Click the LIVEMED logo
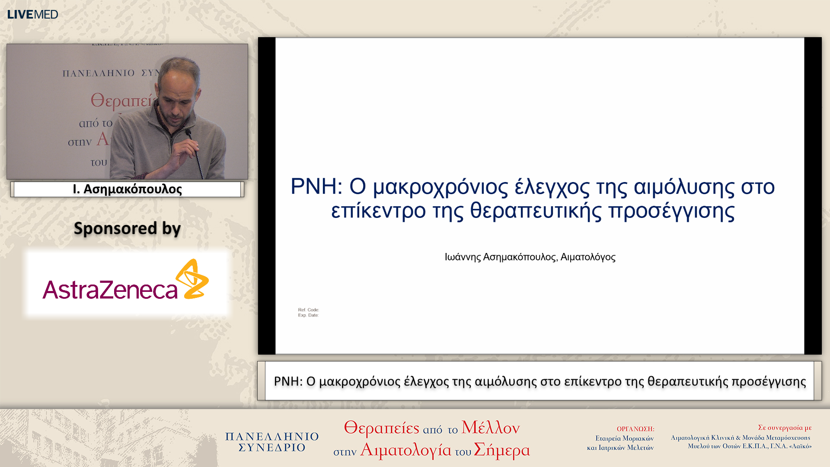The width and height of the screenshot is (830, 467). (32, 14)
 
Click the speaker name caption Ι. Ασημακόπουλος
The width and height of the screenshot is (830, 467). (127, 189)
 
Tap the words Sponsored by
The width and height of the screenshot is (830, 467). (127, 228)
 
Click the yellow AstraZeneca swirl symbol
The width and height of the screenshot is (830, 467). (193, 279)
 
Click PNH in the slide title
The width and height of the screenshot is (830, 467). (313, 186)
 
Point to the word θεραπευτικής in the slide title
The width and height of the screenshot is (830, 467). (536, 211)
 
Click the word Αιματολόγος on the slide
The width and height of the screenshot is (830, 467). (587, 257)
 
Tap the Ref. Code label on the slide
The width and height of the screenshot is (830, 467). (308, 310)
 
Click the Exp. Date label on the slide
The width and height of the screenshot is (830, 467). (308, 315)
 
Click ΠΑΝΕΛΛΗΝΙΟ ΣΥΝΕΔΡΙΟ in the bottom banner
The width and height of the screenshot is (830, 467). (272, 442)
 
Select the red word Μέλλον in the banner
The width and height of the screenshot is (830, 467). (490, 428)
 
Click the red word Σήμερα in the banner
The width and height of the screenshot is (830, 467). (501, 450)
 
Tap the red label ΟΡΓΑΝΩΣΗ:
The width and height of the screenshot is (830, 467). (635, 429)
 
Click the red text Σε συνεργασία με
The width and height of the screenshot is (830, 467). (784, 428)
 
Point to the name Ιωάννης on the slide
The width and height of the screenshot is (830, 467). (462, 257)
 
